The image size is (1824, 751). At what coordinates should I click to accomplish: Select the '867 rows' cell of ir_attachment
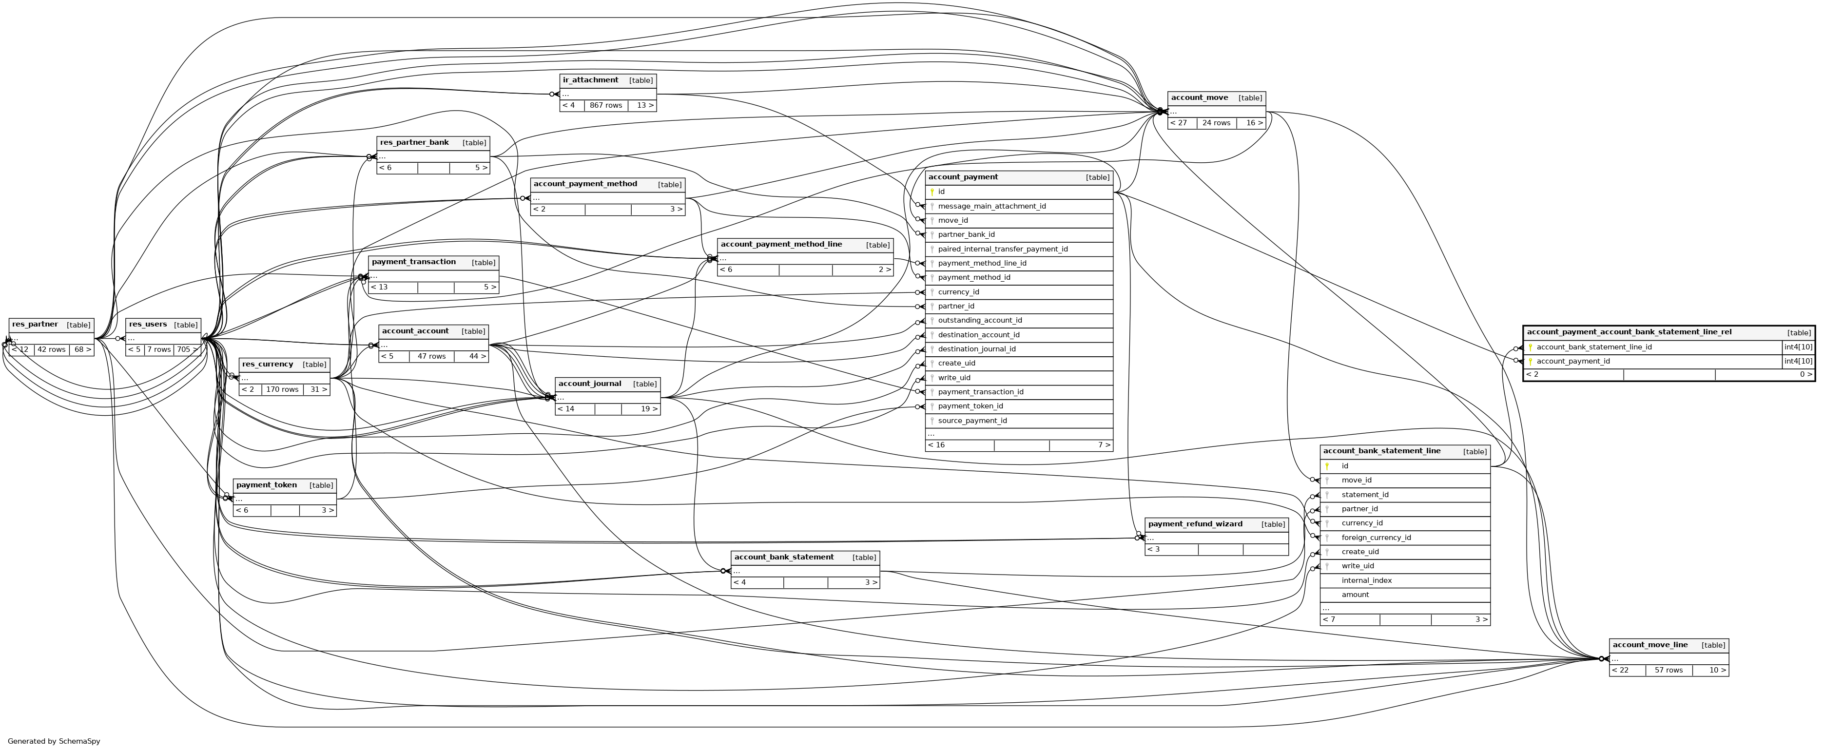tap(605, 105)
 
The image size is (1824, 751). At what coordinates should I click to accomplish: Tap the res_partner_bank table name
tap(414, 143)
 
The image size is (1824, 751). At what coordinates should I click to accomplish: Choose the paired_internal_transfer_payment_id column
tap(1003, 249)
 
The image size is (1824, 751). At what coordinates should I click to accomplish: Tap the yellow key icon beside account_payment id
tap(932, 192)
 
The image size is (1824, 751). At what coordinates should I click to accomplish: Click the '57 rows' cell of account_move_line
tap(1668, 670)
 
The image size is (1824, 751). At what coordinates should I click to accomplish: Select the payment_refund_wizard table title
tap(1195, 524)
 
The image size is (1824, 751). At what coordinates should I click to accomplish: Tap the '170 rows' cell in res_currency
tap(282, 389)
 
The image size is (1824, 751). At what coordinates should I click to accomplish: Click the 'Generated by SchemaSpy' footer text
tap(54, 741)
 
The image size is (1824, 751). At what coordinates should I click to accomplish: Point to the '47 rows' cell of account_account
tap(431, 356)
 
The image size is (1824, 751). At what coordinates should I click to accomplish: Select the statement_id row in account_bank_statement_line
tap(1364, 495)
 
